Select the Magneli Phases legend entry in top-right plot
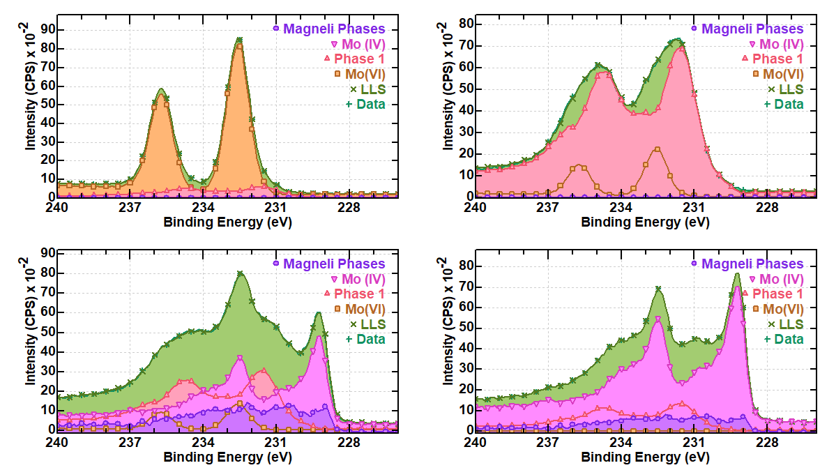click(x=752, y=29)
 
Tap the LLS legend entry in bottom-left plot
click(x=372, y=324)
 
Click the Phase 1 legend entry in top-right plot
click(x=777, y=59)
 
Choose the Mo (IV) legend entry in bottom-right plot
click(x=777, y=280)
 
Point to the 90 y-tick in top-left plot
click(x=47, y=29)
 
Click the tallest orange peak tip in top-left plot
click(x=239, y=46)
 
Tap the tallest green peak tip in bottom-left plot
click(x=240, y=273)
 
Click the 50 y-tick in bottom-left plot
click(x=47, y=332)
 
